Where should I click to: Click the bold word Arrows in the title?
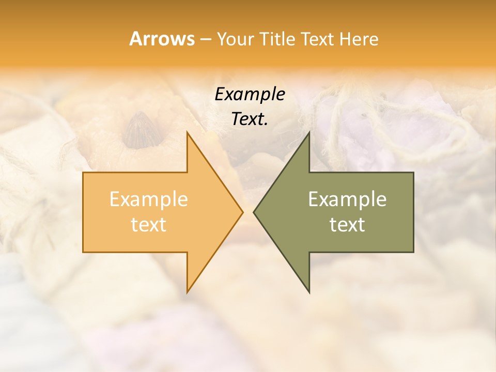(x=162, y=39)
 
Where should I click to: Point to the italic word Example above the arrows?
(x=250, y=94)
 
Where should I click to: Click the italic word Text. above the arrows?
(x=250, y=119)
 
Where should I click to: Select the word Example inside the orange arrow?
(x=149, y=199)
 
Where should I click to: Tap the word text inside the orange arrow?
(x=149, y=225)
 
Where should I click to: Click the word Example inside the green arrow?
(x=347, y=199)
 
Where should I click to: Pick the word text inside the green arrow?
(x=347, y=225)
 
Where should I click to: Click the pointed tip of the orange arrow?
(x=242, y=212)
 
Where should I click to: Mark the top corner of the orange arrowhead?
(x=188, y=133)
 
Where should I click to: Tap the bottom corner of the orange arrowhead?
(x=188, y=291)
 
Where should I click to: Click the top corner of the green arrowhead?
(x=309, y=133)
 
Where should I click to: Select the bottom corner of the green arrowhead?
(x=309, y=291)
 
